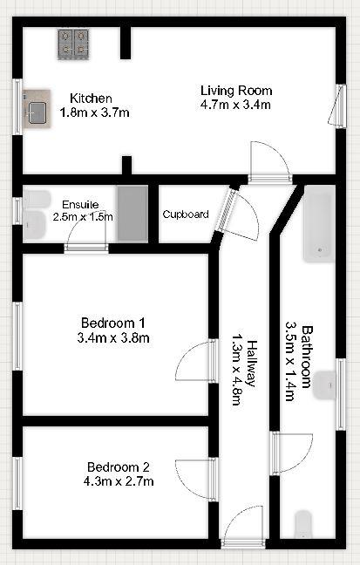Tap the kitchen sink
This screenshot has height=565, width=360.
pyautogui.click(x=37, y=112)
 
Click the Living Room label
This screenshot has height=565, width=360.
pyautogui.click(x=236, y=91)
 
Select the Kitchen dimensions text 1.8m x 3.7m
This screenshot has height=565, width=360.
pyautogui.click(x=94, y=112)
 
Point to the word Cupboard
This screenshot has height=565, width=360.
pyautogui.click(x=186, y=214)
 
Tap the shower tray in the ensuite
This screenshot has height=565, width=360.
pyautogui.click(x=133, y=214)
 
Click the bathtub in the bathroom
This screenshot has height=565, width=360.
pyautogui.click(x=318, y=227)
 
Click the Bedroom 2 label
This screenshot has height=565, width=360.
pyautogui.click(x=118, y=465)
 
